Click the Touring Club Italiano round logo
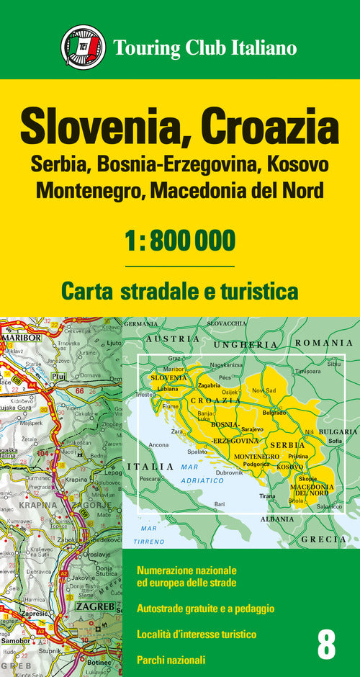(x=83, y=48)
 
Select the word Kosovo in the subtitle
(x=297, y=164)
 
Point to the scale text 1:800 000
(x=180, y=240)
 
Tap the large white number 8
(x=326, y=645)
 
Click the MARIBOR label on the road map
(x=22, y=337)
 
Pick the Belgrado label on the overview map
(x=274, y=413)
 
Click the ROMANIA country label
(x=323, y=344)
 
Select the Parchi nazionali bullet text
(x=171, y=659)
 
